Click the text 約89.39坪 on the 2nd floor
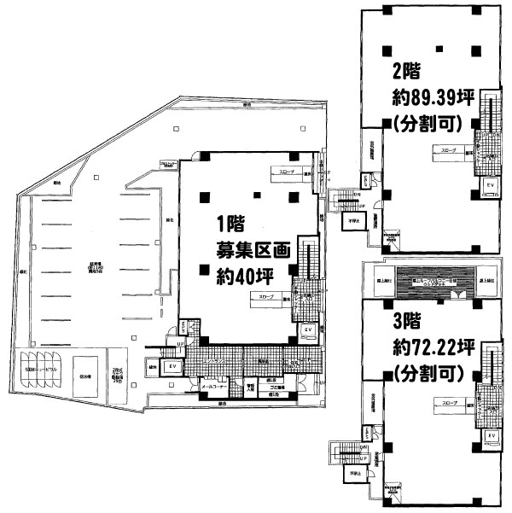click(x=427, y=96)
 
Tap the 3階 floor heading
click(x=408, y=323)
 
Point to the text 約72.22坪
click(x=427, y=347)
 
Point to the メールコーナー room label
click(x=213, y=388)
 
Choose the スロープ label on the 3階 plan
click(x=448, y=400)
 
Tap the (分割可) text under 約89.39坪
click(x=428, y=122)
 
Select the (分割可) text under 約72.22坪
click(x=428, y=373)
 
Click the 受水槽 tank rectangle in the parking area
click(x=84, y=372)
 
